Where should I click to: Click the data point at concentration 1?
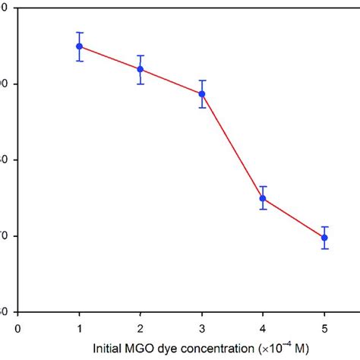[79, 46]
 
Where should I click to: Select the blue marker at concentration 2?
[140, 69]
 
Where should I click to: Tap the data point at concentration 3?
[202, 94]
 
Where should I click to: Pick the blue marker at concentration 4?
[263, 198]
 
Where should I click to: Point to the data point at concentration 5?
[324, 238]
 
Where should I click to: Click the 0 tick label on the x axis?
[17, 329]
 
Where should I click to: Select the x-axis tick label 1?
[79, 329]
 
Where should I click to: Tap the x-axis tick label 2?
[140, 329]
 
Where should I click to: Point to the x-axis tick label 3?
[202, 329]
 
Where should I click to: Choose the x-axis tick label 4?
[263, 329]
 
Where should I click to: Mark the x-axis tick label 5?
[324, 329]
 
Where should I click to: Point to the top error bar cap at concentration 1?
[79, 33]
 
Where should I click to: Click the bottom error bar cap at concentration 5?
[324, 249]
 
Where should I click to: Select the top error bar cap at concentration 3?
[202, 81]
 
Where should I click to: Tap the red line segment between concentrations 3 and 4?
[232, 147]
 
